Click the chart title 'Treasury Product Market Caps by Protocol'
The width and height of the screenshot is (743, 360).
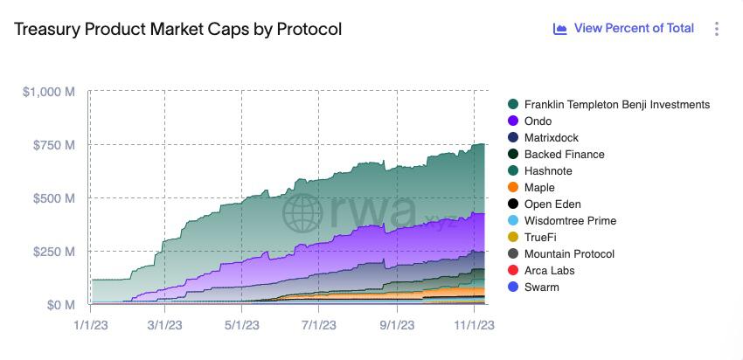(x=178, y=29)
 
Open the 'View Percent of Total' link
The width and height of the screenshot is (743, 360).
(x=624, y=29)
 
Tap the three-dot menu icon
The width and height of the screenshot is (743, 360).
(x=717, y=29)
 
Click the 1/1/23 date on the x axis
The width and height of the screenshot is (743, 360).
(x=90, y=324)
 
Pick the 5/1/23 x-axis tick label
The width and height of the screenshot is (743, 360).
(x=242, y=324)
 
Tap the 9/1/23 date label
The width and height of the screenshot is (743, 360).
(x=397, y=324)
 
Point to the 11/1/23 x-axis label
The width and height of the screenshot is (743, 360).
(x=473, y=324)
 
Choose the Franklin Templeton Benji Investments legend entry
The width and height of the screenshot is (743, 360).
(x=616, y=105)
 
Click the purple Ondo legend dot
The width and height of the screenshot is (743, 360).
(x=513, y=121)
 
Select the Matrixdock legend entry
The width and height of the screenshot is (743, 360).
(x=551, y=138)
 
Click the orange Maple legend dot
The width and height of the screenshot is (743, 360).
(x=513, y=188)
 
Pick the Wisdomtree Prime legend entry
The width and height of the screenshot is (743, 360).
(x=570, y=221)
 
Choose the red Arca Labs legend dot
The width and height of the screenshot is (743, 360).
(x=513, y=271)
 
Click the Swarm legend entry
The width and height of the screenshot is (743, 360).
(x=541, y=287)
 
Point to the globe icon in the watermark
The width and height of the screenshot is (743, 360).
(x=302, y=211)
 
